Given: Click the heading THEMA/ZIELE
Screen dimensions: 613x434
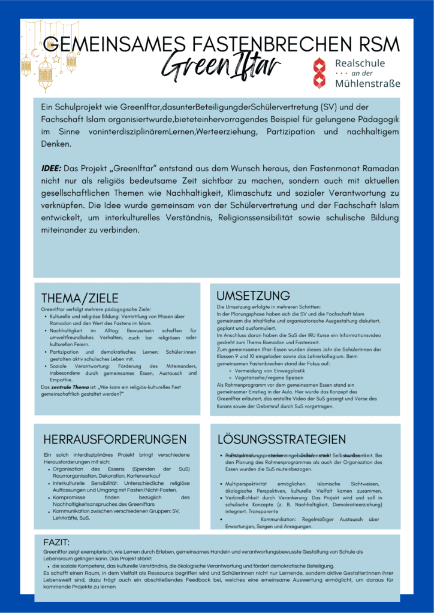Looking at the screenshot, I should [x=80, y=298].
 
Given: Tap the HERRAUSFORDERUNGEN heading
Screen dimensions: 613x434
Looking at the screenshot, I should [x=115, y=439].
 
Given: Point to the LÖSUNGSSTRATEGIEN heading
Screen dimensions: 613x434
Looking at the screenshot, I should [x=281, y=439].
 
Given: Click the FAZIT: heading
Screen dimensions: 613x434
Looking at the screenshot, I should [x=56, y=542].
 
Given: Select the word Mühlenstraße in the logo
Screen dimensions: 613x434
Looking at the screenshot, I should [x=367, y=83].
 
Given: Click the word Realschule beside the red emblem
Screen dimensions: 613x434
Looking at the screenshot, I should [x=360, y=63].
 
